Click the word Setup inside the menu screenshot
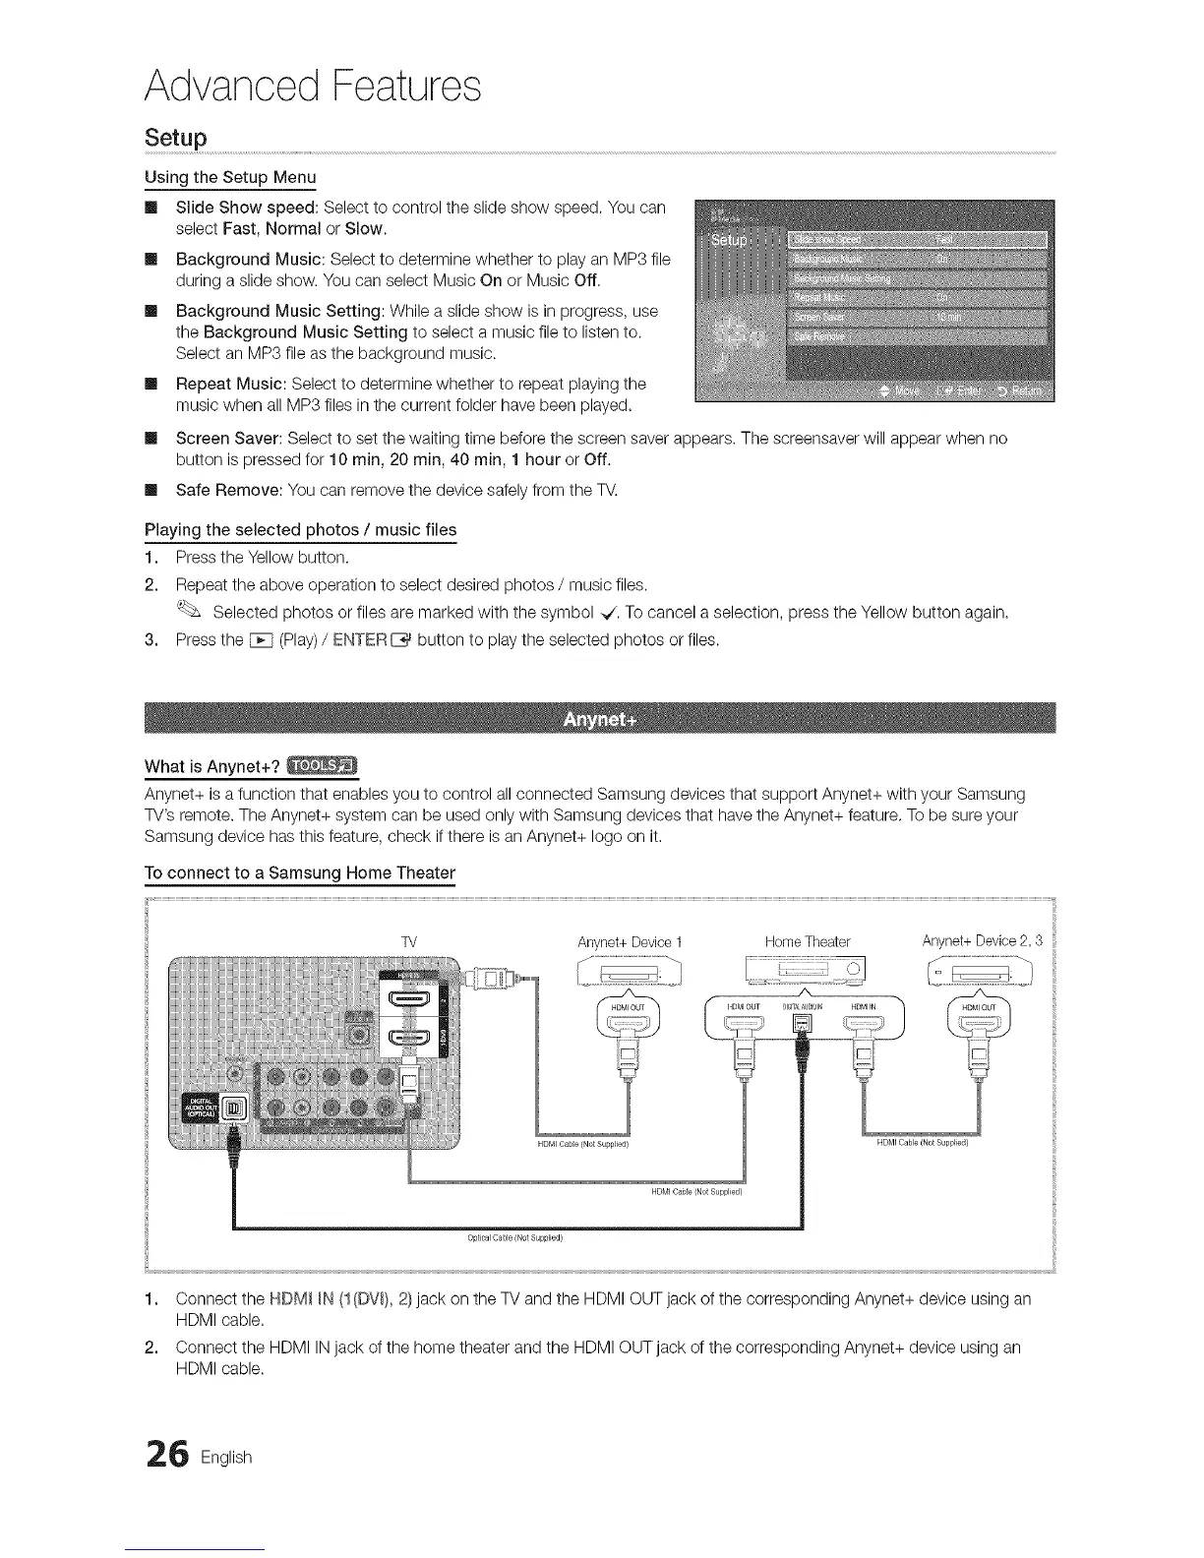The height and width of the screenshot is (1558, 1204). (729, 241)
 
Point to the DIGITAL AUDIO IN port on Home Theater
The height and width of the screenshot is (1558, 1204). (803, 1030)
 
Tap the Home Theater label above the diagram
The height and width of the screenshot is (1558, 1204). (807, 942)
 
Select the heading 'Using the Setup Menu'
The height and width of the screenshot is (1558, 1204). (230, 178)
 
